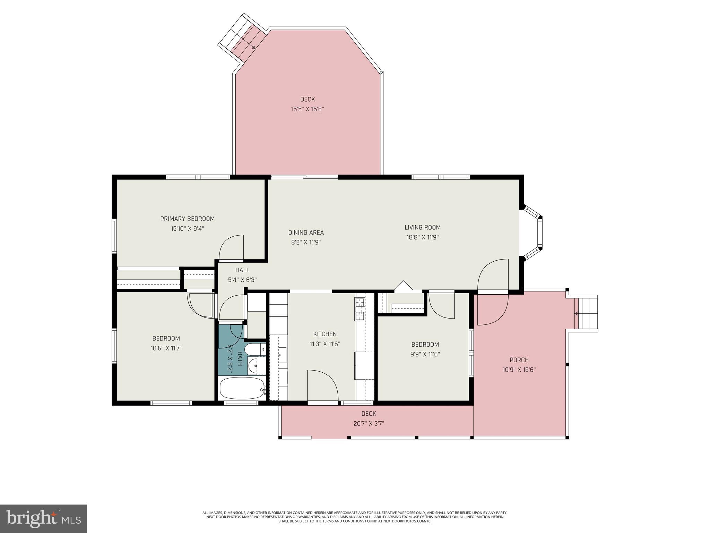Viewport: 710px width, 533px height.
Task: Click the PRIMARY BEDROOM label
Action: pos(187,219)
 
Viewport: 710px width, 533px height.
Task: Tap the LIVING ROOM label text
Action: pos(423,228)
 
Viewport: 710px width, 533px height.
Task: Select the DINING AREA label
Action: pos(306,232)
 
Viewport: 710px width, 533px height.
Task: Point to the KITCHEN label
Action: pos(325,334)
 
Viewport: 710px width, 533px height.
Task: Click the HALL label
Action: pos(242,270)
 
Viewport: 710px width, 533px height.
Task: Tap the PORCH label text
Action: pos(519,360)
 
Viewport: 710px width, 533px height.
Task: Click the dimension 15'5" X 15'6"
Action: pos(308,109)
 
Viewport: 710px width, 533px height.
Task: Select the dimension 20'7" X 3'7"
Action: pos(369,424)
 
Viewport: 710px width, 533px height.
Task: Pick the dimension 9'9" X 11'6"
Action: pos(425,354)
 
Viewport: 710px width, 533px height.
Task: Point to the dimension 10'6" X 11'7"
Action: pos(166,348)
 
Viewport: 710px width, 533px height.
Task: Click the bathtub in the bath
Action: pos(242,389)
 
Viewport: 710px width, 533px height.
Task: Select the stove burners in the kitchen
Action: pos(360,309)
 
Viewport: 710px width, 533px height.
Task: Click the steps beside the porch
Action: pos(586,313)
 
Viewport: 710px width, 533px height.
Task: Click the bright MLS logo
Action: pos(43,518)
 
